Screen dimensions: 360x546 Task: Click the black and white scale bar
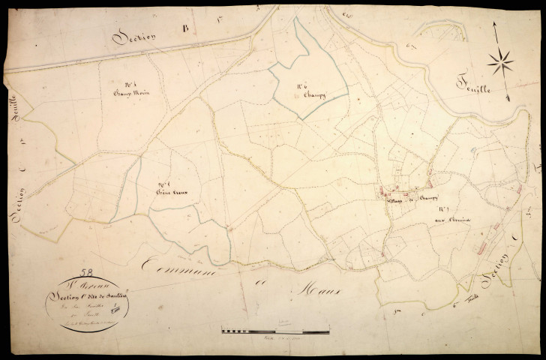click(x=275, y=329)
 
